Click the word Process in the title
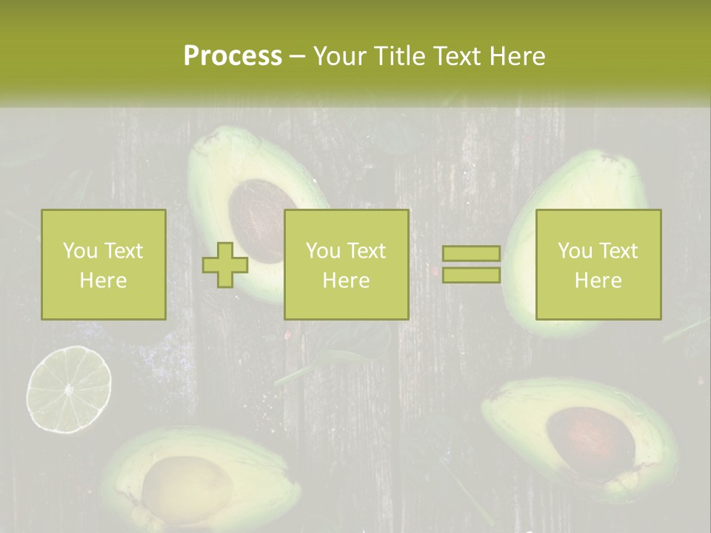(233, 56)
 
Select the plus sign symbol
(225, 265)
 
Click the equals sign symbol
(471, 264)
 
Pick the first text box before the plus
(103, 265)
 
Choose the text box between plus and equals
(346, 265)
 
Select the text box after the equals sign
(598, 265)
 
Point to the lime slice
(69, 389)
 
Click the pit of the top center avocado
(256, 215)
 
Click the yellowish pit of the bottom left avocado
(178, 489)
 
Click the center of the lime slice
(69, 389)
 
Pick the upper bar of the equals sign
(471, 254)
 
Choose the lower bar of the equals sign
(471, 275)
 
